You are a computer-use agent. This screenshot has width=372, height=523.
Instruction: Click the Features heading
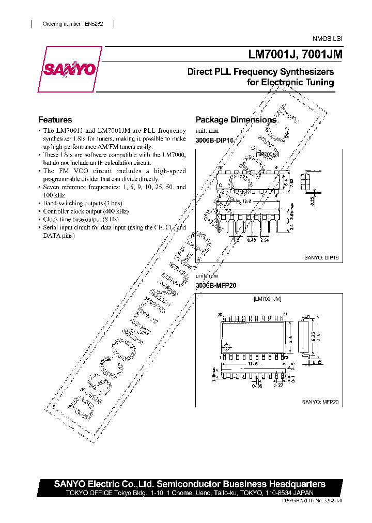coord(55,119)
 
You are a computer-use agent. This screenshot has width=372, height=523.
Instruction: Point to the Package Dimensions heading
coord(236,120)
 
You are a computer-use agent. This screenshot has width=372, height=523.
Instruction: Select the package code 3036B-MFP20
coord(216,285)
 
